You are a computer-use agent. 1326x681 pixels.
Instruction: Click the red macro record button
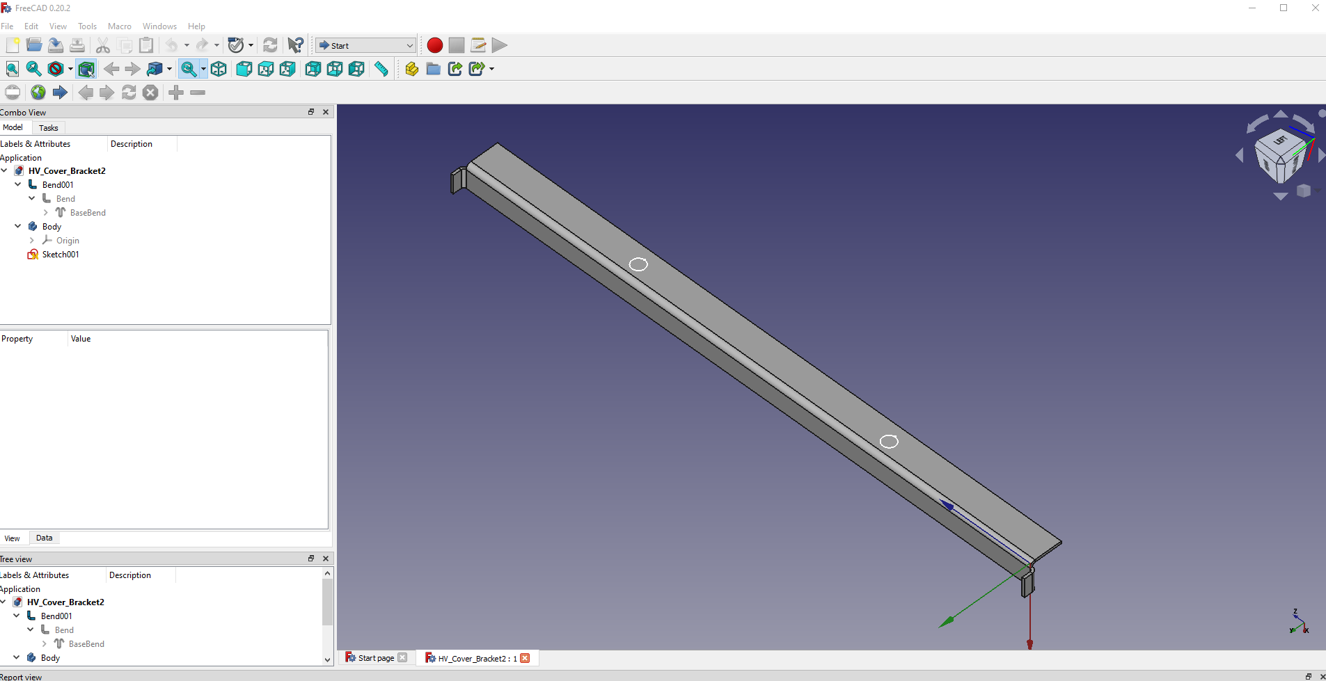point(435,45)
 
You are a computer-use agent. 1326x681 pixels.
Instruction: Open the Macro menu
point(120,26)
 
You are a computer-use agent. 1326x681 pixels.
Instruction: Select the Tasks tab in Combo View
point(49,128)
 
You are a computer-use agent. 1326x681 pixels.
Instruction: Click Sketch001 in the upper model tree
point(61,255)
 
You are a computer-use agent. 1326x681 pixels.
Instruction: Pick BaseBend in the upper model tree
point(88,213)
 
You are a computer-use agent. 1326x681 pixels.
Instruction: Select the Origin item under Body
point(68,241)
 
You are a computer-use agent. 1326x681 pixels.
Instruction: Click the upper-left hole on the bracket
point(638,264)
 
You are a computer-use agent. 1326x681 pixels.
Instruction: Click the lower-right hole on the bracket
point(889,442)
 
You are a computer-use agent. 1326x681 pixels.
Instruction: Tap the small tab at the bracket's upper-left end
point(458,180)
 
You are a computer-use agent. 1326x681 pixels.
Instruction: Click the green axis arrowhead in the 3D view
point(946,621)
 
